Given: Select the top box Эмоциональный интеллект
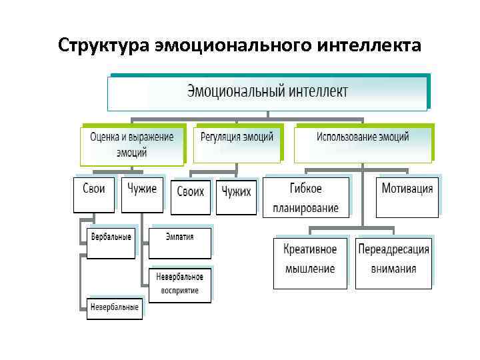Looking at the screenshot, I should pos(267,91).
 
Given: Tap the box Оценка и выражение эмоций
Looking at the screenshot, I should pos(131,144).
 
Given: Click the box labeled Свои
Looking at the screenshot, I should pos(94,194).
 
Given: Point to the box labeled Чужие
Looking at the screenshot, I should pos(141,194).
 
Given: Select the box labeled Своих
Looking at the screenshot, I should pos(191,196).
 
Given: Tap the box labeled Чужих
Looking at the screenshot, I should pos(236,196).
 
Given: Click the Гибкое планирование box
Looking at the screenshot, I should pos(306,197).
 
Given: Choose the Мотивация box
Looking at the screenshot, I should pos(407,196).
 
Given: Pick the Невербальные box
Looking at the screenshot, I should pos(114,307).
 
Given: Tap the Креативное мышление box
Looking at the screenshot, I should pos(310,261).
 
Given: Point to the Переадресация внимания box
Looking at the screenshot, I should pos(393,261).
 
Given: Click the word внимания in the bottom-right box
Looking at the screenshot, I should pos(393,269).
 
